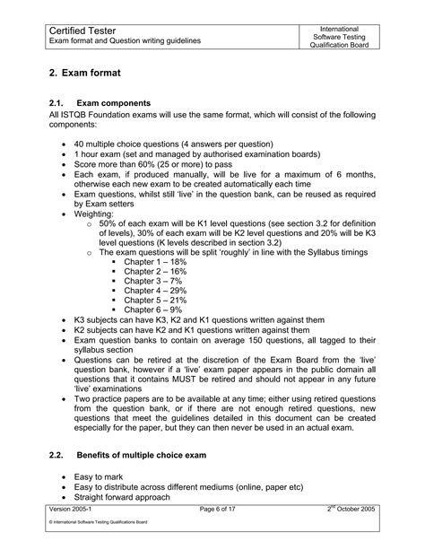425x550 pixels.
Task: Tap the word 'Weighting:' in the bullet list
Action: click(96, 216)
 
